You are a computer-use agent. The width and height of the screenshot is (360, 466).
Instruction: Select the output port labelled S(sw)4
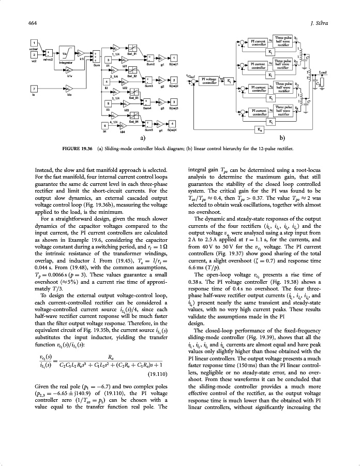tap(172, 124)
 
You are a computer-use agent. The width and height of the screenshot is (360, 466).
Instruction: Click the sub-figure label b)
tap(282, 139)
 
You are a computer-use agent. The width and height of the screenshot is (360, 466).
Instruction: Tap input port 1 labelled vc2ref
tap(34, 42)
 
